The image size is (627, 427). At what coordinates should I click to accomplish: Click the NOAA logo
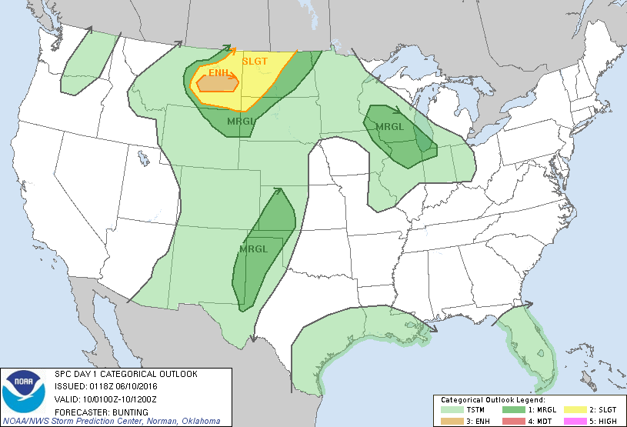pos(23,390)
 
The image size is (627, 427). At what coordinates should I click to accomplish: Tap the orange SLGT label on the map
pos(255,62)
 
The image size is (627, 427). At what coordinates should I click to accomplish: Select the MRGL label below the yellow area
pos(240,121)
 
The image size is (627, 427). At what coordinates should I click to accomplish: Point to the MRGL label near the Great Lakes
pos(389,127)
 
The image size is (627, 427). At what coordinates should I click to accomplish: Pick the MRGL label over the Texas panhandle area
pos(253,249)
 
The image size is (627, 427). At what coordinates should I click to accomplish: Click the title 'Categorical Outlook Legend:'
pos(492,400)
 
